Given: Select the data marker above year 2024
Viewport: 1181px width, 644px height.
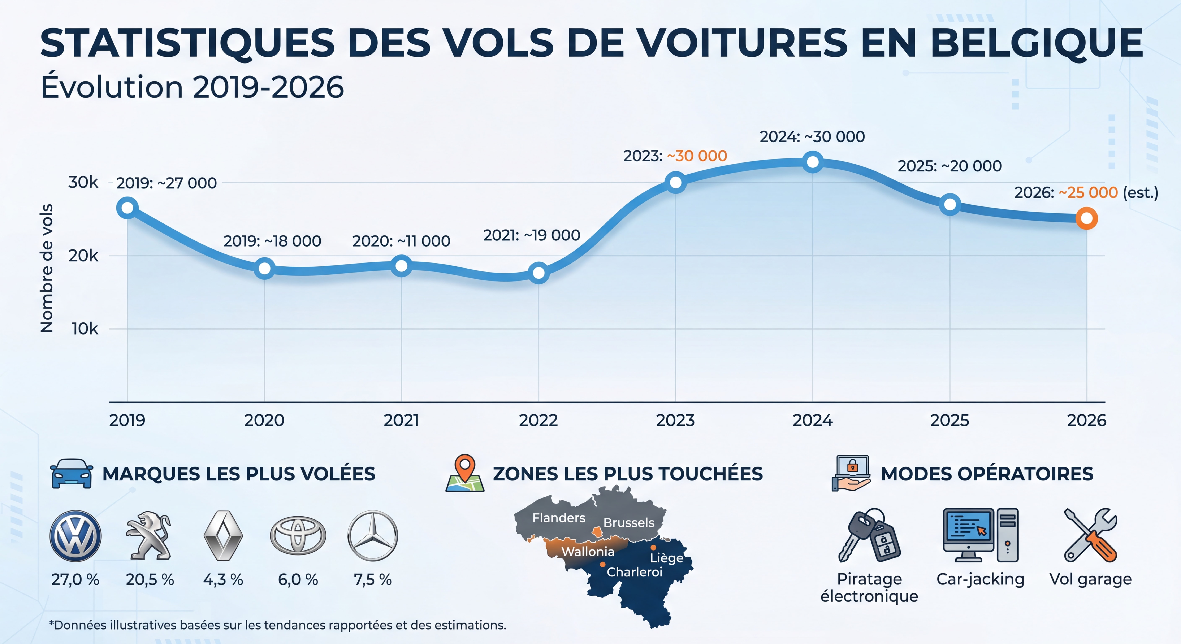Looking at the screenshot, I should [812, 162].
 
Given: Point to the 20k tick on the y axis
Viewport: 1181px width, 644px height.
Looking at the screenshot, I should [83, 256].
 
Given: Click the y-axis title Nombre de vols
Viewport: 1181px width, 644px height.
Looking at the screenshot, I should [47, 268].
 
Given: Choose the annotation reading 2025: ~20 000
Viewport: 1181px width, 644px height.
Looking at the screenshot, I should [949, 166].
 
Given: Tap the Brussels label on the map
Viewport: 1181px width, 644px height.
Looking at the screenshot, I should [628, 523].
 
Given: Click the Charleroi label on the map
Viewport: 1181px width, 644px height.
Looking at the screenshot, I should [635, 572].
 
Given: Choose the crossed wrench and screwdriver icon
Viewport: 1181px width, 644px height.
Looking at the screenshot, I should [1090, 535].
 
